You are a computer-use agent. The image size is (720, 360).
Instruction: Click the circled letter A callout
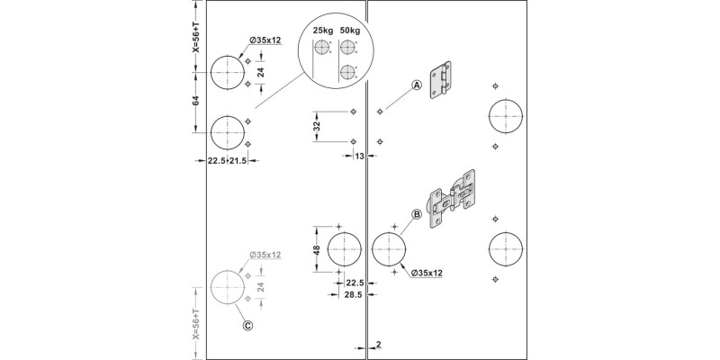pyautogui.click(x=417, y=85)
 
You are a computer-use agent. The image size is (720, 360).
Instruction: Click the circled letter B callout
pyautogui.click(x=417, y=214)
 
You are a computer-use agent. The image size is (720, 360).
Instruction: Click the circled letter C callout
pyautogui.click(x=247, y=327)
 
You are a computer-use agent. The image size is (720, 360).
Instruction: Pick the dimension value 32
pyautogui.click(x=317, y=127)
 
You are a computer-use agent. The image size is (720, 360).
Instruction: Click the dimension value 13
pyautogui.click(x=360, y=157)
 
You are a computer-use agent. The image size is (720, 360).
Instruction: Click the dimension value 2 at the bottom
pyautogui.click(x=380, y=345)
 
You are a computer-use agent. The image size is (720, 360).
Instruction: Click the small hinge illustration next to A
pyautogui.click(x=440, y=82)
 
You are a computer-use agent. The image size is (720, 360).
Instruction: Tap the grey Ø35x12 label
pyautogui.click(x=264, y=255)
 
